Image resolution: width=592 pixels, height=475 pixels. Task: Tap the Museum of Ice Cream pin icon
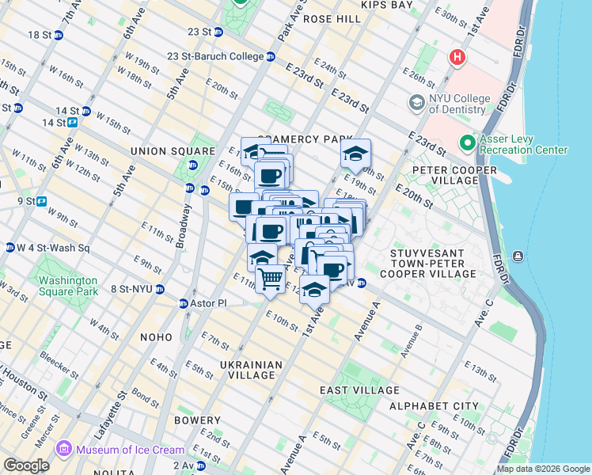pyautogui.click(x=63, y=450)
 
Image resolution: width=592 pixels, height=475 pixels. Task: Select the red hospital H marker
pyautogui.click(x=456, y=58)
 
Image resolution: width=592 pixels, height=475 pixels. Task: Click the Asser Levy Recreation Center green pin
pyautogui.click(x=467, y=143)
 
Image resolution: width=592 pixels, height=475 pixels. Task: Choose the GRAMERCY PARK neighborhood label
pyautogui.click(x=304, y=139)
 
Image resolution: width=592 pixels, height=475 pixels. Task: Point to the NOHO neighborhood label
pyautogui.click(x=156, y=337)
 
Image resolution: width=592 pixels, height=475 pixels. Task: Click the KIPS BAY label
pyautogui.click(x=387, y=5)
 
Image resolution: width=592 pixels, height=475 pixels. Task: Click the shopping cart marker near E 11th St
pyautogui.click(x=271, y=279)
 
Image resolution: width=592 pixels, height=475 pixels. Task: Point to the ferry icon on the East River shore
pyautogui.click(x=518, y=256)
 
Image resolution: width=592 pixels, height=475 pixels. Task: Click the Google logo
pyautogui.click(x=26, y=465)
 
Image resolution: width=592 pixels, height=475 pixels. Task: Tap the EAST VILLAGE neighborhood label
pyautogui.click(x=359, y=390)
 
